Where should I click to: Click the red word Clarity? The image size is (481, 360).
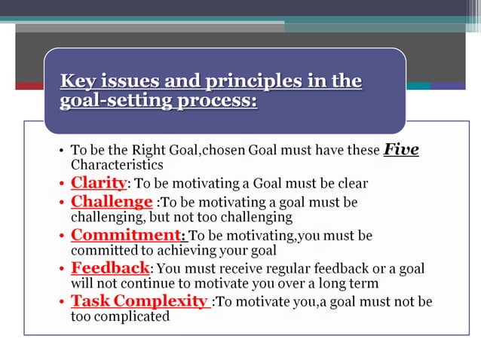tap(98, 182)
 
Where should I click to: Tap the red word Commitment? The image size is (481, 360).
tap(127, 235)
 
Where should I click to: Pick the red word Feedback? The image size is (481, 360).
tap(110, 268)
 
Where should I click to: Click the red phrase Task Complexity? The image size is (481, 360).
tap(139, 301)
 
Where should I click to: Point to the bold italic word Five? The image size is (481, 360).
tap(401, 149)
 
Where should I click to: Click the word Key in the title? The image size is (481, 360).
tap(77, 81)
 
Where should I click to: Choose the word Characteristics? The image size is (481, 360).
tap(117, 164)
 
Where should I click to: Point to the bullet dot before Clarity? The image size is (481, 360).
tap(61, 183)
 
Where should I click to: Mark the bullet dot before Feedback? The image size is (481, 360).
tap(61, 269)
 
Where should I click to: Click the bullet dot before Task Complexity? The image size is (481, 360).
tap(61, 302)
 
